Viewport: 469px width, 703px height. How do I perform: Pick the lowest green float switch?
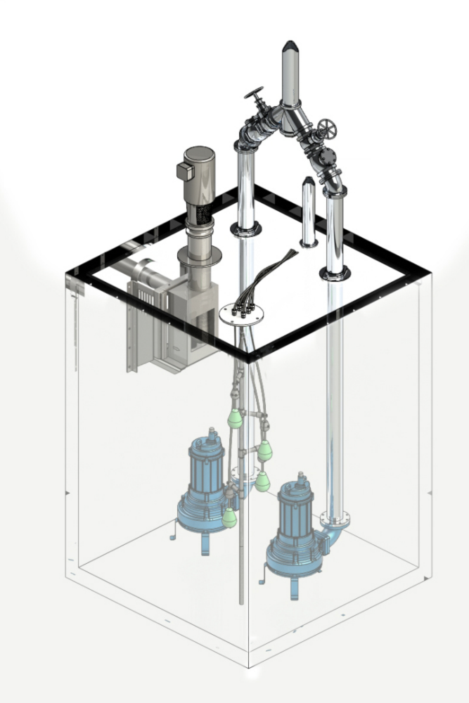click(x=229, y=519)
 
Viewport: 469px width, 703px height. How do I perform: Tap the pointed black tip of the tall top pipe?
click(x=289, y=48)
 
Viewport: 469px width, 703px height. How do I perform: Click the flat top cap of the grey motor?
click(x=198, y=152)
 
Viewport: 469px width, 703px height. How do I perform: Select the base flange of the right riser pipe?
click(x=335, y=273)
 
